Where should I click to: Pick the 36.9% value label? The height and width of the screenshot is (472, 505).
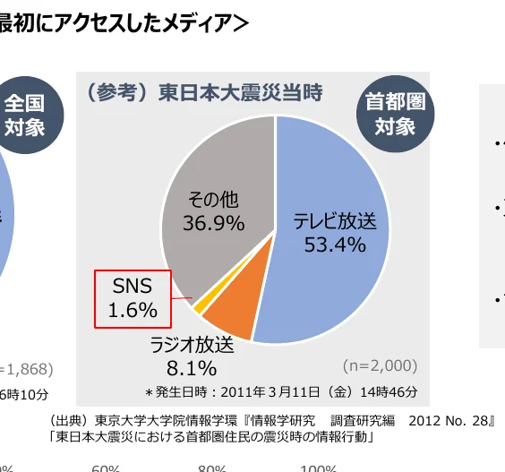[214, 223]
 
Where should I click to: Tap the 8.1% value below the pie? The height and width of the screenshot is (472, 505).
[192, 367]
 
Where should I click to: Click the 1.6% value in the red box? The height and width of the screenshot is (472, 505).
[133, 310]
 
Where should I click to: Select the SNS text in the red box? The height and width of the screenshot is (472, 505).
[132, 287]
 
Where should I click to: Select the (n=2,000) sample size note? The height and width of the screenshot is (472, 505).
[380, 365]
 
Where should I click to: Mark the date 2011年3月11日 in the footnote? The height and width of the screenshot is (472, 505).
[253, 391]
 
